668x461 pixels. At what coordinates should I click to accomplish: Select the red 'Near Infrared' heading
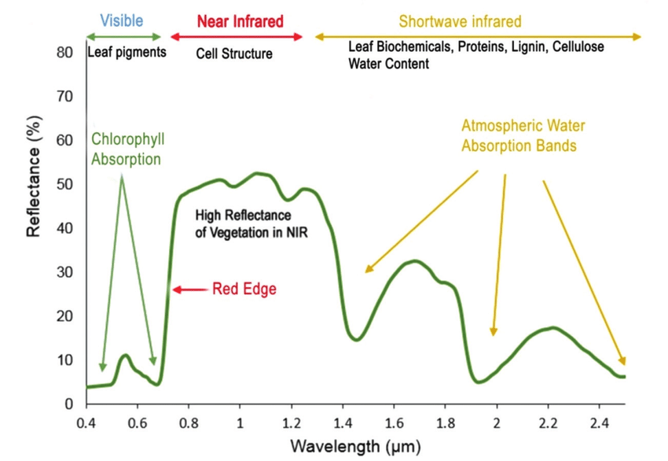click(240, 21)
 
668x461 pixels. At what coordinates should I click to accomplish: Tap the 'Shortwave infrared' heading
click(460, 21)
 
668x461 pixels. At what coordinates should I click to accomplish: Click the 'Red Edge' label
click(244, 290)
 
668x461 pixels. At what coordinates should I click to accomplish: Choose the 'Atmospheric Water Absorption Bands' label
click(523, 135)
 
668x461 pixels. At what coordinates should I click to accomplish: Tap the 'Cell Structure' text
click(234, 53)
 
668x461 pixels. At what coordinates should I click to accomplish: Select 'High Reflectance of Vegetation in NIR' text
click(244, 223)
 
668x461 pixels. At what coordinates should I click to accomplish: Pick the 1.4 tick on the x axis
click(343, 422)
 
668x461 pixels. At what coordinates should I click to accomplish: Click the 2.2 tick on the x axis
click(549, 422)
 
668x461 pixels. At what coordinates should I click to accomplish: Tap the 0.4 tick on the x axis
click(86, 422)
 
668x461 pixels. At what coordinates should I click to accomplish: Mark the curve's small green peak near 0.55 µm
click(124, 356)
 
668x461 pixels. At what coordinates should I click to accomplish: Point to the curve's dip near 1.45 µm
click(356, 339)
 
